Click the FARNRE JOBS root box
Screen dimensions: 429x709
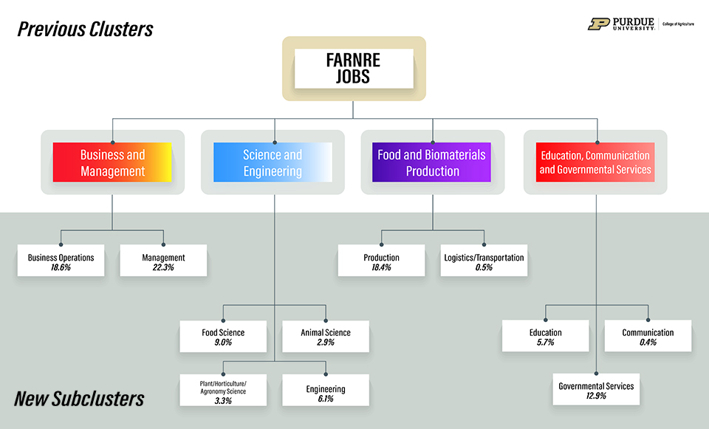[x=353, y=69]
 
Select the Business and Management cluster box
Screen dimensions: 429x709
[x=112, y=162]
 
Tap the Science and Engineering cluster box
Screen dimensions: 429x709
[x=273, y=162]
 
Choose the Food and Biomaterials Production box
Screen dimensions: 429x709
[x=432, y=162]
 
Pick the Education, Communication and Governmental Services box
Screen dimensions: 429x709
[x=595, y=162]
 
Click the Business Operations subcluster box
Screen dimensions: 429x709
[x=61, y=262]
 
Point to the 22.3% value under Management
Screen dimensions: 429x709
[x=163, y=267]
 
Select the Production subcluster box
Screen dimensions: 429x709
[x=381, y=262]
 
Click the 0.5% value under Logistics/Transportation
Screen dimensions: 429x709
[x=484, y=267]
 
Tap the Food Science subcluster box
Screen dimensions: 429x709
[x=223, y=337]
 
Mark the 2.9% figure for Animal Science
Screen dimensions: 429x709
[x=326, y=343]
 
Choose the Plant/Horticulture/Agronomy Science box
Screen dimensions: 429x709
[x=223, y=391]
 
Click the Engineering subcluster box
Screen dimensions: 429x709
[x=326, y=393]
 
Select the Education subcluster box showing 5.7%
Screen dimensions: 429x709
[x=545, y=337]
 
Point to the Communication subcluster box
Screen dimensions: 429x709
[x=648, y=337]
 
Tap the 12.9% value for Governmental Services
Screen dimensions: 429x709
[x=596, y=396]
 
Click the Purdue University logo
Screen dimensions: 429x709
[x=622, y=24]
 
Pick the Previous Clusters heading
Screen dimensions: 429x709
[x=85, y=30]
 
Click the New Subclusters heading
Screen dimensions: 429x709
[x=79, y=399]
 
